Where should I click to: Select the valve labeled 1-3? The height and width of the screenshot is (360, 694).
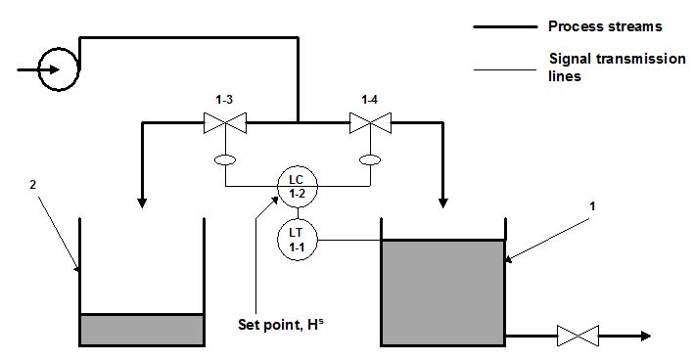click(x=225, y=123)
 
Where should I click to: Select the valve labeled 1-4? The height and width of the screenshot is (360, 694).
click(x=370, y=123)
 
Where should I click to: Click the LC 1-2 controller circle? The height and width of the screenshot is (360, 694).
click(x=296, y=186)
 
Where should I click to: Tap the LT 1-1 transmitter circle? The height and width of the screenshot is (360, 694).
click(x=296, y=239)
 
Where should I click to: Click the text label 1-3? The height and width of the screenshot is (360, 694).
click(x=224, y=100)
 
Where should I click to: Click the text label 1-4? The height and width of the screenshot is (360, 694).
click(x=369, y=100)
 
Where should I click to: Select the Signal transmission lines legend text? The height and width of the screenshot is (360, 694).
click(x=617, y=67)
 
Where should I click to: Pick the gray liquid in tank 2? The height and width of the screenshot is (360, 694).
click(x=141, y=330)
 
